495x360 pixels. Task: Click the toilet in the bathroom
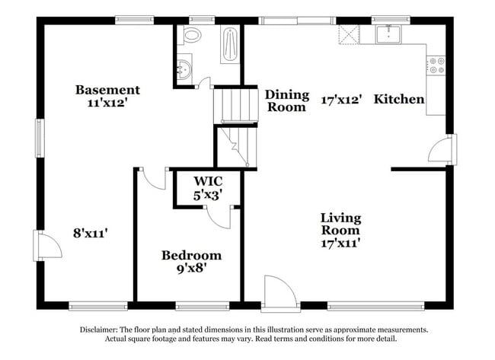click(x=190, y=35)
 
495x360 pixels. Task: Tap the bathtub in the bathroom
click(x=230, y=44)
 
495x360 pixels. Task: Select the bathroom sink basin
click(x=184, y=69)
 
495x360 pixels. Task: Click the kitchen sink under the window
click(x=388, y=34)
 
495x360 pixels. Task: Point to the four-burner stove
click(x=436, y=65)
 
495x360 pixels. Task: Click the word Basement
click(x=107, y=90)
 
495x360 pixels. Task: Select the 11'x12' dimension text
click(x=107, y=103)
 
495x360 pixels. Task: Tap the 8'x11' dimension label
click(x=91, y=234)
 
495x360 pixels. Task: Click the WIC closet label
click(x=208, y=181)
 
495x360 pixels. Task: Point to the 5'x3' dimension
click(x=210, y=196)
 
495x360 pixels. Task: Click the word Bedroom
click(x=191, y=255)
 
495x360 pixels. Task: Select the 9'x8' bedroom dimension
click(x=192, y=269)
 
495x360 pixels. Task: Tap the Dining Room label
click(x=286, y=101)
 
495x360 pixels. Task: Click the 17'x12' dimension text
click(x=341, y=100)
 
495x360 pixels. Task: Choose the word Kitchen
click(x=399, y=99)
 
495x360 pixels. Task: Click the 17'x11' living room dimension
click(x=340, y=244)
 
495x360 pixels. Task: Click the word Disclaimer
click(x=98, y=330)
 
